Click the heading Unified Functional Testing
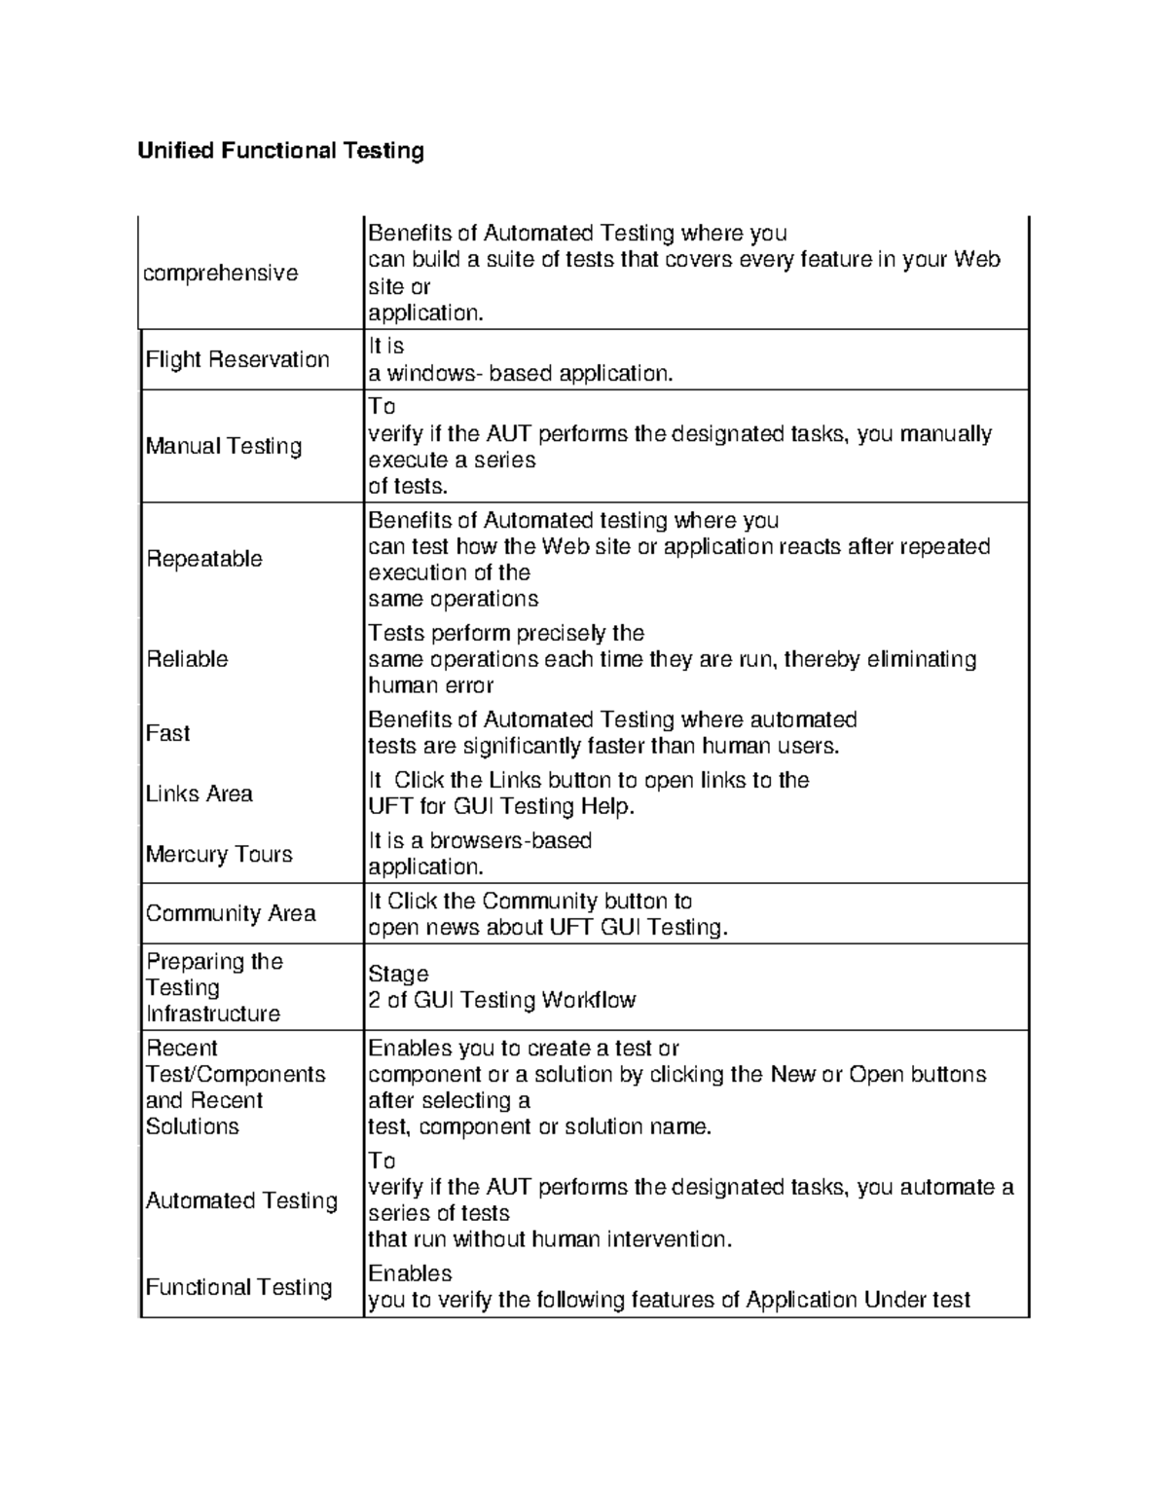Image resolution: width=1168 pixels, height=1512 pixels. tap(280, 151)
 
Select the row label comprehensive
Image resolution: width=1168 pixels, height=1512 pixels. tap(220, 274)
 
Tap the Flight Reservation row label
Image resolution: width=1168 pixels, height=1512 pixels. tap(237, 359)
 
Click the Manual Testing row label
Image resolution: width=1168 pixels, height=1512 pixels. tap(224, 446)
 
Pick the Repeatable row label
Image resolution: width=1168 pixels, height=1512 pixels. tap(204, 559)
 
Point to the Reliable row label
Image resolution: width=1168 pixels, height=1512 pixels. tap(187, 659)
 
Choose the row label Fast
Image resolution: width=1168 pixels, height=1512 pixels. tap(167, 733)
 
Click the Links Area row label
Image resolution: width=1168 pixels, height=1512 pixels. tap(199, 793)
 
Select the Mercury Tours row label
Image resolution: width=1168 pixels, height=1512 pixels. tap(219, 854)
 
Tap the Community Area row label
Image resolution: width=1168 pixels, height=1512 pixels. tap(231, 913)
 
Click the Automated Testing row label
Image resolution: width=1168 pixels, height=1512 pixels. tap(241, 1200)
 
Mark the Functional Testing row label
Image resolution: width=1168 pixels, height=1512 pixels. tap(238, 1287)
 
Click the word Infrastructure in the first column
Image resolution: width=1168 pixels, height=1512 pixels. tap(213, 1014)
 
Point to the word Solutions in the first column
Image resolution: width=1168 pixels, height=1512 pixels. tap(192, 1126)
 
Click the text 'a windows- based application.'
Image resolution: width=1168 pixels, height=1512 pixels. tap(520, 374)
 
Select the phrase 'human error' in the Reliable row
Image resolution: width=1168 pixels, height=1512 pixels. tap(430, 685)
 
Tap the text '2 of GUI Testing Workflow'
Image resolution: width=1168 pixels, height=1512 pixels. tap(501, 1000)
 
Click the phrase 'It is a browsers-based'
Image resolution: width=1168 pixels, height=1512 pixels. tap(480, 840)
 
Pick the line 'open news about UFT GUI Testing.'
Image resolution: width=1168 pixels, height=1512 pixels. tap(547, 927)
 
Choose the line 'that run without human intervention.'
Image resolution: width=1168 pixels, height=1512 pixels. tap(549, 1239)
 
